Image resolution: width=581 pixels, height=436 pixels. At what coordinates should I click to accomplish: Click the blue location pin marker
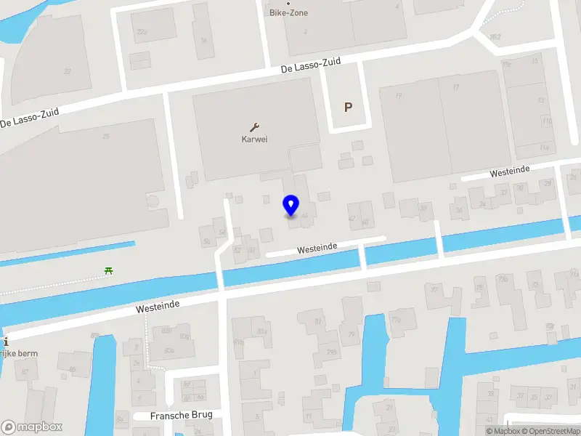coord(290,206)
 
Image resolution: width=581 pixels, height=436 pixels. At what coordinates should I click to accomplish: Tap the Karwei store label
coord(255,140)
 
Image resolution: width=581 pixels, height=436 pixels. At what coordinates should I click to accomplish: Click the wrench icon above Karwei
coord(255,126)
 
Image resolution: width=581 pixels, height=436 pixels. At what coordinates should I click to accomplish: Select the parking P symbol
coord(348,108)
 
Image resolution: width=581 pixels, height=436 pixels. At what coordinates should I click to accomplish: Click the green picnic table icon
coord(108,271)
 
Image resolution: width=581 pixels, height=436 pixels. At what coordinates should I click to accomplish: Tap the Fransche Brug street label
coord(177,416)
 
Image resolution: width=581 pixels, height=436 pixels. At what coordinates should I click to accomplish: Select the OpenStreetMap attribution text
coord(553,432)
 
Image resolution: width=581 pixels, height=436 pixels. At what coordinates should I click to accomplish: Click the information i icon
coord(4,341)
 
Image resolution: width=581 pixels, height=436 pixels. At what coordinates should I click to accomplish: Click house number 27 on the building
coord(68,71)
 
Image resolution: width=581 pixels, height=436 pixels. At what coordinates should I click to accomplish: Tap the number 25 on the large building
coord(106,137)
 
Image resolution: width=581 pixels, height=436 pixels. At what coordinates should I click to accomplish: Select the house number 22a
coord(142,32)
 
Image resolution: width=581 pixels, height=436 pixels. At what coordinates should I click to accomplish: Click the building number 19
coord(398,95)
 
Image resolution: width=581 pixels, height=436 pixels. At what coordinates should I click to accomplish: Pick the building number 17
coord(455,87)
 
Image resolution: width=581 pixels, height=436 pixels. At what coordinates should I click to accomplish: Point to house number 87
coord(26,372)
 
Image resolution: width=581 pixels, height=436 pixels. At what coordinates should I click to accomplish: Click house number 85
coord(72,369)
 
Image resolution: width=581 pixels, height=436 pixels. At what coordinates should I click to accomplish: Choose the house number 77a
coord(396,318)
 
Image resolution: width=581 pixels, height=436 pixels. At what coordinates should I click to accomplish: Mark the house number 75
coord(351,334)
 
